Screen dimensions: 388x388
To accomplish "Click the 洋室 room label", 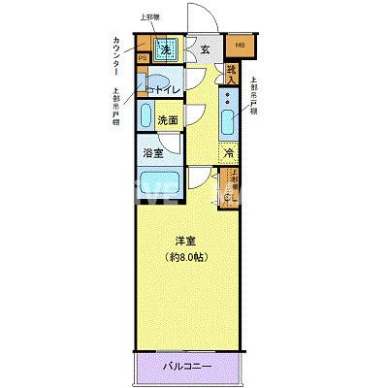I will click(185, 240).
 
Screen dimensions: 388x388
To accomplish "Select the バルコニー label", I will click(186, 368).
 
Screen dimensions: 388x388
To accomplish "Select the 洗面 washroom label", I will click(168, 121).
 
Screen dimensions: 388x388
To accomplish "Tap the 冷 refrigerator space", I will click(228, 152).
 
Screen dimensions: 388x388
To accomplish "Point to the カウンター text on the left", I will click(116, 57).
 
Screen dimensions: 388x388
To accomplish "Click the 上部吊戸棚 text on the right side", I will click(253, 97).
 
